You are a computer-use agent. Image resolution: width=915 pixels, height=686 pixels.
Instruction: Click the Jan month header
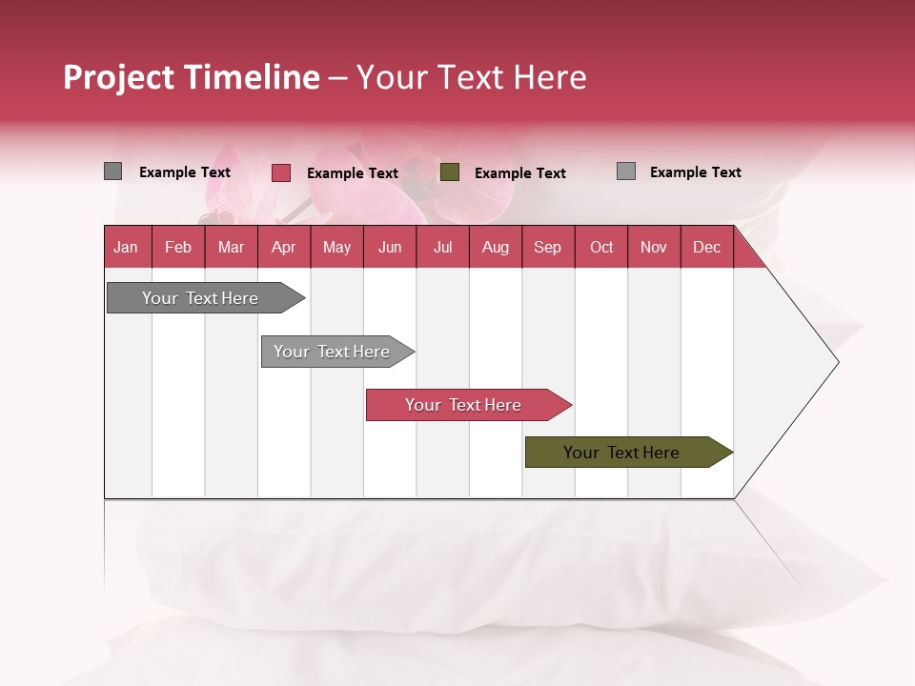pyautogui.click(x=126, y=247)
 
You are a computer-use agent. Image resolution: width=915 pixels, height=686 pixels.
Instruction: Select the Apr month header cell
pyautogui.click(x=283, y=247)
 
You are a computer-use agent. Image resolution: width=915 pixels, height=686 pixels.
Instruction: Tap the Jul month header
pyautogui.click(x=442, y=247)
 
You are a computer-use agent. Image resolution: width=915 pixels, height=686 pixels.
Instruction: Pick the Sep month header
pyautogui.click(x=547, y=247)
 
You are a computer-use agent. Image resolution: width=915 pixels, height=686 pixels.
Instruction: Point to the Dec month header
pyautogui.click(x=706, y=247)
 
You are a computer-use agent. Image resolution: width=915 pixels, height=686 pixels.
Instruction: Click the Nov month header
pyautogui.click(x=654, y=247)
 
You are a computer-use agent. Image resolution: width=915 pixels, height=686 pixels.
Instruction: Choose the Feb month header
pyautogui.click(x=178, y=247)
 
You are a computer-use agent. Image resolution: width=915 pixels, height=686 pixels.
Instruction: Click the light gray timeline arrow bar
pyautogui.click(x=334, y=352)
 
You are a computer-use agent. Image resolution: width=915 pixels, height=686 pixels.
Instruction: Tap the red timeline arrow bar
pyautogui.click(x=464, y=405)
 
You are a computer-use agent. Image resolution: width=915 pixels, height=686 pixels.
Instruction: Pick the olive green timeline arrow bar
pyautogui.click(x=624, y=453)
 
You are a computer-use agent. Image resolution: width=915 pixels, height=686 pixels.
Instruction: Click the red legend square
pyautogui.click(x=280, y=172)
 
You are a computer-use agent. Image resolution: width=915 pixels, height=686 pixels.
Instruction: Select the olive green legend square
pyautogui.click(x=450, y=172)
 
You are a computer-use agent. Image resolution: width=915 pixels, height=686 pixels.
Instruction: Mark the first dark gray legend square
pyautogui.click(x=112, y=171)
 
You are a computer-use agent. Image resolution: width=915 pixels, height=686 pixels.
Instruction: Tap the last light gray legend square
pyautogui.click(x=625, y=171)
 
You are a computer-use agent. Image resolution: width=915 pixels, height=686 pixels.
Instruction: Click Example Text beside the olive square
pyautogui.click(x=519, y=173)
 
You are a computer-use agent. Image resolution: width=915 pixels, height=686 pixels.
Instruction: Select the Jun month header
pyautogui.click(x=390, y=247)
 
